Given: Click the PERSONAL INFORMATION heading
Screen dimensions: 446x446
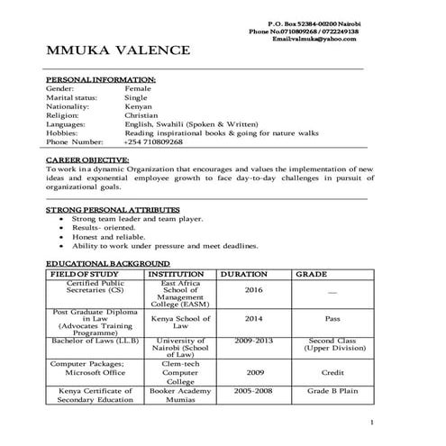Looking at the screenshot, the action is tap(100, 79).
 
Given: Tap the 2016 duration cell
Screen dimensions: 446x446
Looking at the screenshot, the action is tap(253, 290).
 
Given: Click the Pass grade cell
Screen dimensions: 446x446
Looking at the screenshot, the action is tap(332, 319).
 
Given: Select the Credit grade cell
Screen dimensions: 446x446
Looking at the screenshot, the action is tap(332, 371).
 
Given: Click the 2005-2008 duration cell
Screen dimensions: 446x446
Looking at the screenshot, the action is tap(253, 392).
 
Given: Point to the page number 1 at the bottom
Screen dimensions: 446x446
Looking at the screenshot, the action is tap(371, 423).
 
